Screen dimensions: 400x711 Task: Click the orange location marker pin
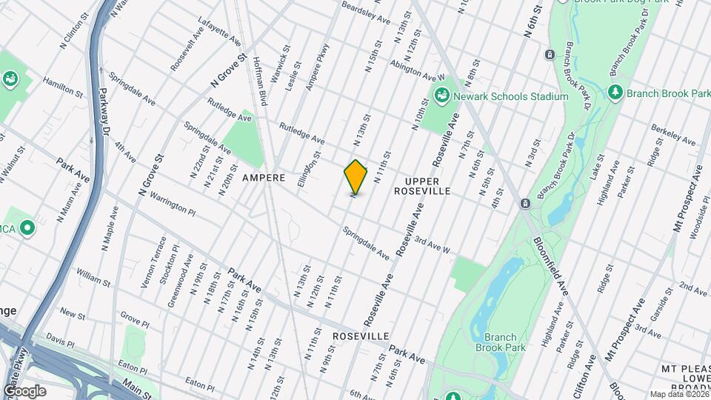[355, 177]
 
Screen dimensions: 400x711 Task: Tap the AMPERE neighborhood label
[263, 179]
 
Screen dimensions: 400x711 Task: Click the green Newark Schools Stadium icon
[441, 95]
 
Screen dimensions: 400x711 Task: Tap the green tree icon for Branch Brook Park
[614, 92]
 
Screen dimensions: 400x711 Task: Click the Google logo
[24, 390]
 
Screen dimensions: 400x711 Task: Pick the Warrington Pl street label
[172, 203]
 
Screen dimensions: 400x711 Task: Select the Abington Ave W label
[418, 70]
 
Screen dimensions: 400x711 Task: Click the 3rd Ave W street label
[432, 247]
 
